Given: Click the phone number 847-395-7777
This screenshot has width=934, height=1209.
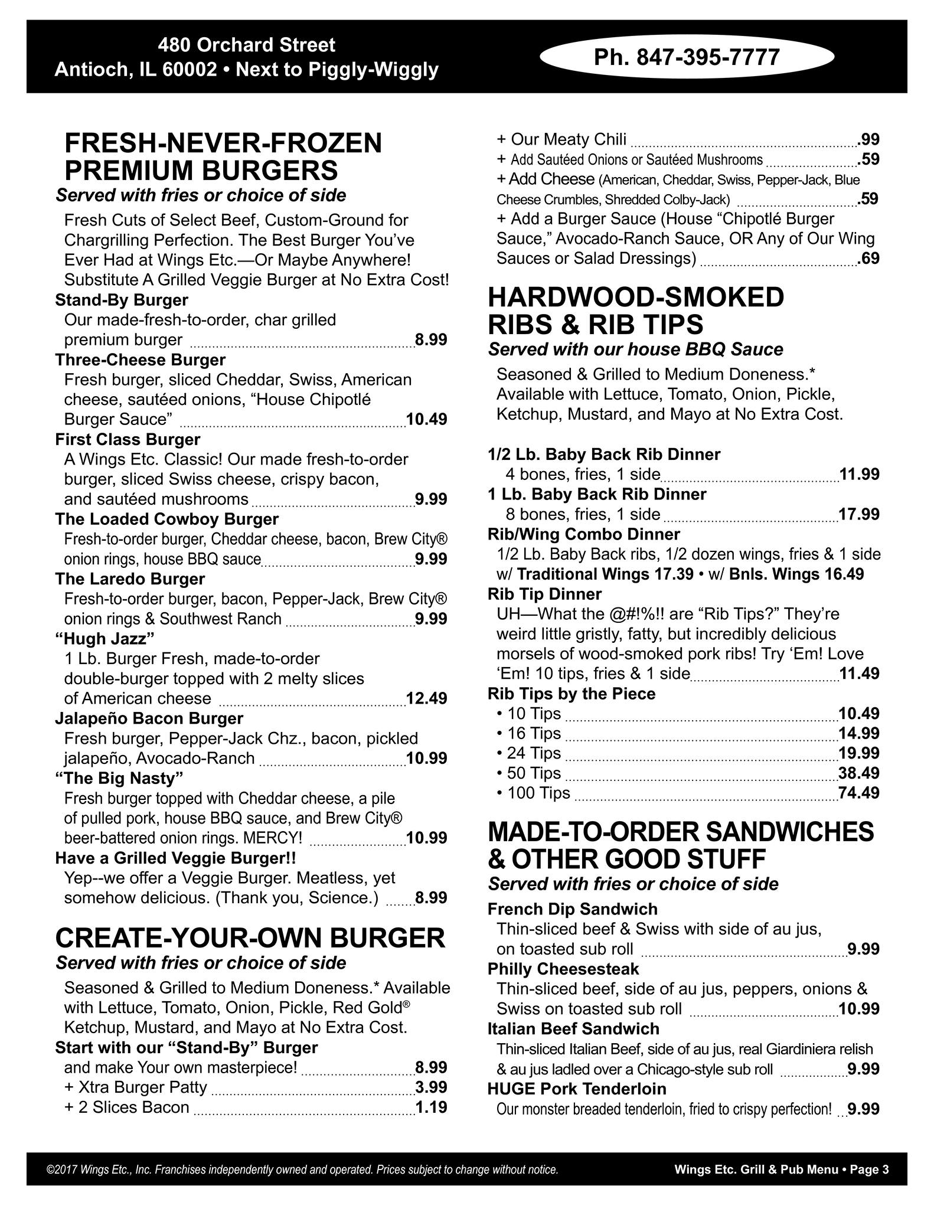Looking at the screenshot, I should pyautogui.click(x=687, y=57).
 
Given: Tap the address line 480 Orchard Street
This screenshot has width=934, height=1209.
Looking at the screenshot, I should pyautogui.click(x=246, y=45).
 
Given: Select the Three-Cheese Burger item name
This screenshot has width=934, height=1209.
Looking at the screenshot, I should pyautogui.click(x=140, y=360).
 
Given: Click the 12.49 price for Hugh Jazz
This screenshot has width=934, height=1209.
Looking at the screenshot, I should pyautogui.click(x=426, y=698).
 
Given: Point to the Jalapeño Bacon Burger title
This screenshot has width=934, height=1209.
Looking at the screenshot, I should pyautogui.click(x=149, y=718).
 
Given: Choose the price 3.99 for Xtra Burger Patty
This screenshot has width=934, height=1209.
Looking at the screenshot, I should pyautogui.click(x=431, y=1087).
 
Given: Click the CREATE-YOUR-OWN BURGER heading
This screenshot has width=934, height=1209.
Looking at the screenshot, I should pyautogui.click(x=250, y=937).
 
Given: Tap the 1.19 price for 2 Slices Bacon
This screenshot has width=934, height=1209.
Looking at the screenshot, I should pyautogui.click(x=431, y=1107).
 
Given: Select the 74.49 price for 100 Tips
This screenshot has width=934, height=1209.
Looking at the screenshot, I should pyautogui.click(x=858, y=792).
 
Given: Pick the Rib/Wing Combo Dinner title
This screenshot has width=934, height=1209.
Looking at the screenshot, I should pyautogui.click(x=583, y=534).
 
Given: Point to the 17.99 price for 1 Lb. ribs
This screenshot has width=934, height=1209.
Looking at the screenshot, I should pyautogui.click(x=858, y=514).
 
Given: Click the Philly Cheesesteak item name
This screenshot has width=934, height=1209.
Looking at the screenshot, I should pyautogui.click(x=563, y=969).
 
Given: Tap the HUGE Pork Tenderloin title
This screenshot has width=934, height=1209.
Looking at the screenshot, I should pyautogui.click(x=576, y=1089).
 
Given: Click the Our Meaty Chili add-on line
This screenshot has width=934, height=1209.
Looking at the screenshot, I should pyautogui.click(x=561, y=139).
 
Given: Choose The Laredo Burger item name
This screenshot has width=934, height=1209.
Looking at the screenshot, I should pyautogui.click(x=130, y=579).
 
